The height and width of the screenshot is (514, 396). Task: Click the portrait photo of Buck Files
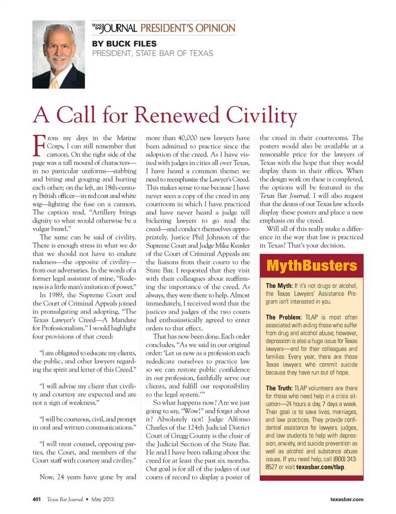[x=59, y=54]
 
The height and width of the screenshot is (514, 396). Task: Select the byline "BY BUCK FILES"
[x=124, y=44]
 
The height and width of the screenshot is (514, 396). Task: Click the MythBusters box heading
[x=311, y=265]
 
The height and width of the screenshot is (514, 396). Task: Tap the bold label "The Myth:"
[x=279, y=286]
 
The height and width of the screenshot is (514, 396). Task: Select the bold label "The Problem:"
[x=283, y=317]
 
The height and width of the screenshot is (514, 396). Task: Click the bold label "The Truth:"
[x=279, y=388]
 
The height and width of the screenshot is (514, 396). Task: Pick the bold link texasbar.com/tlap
[x=320, y=467]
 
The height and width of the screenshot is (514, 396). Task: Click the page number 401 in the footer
[x=37, y=499]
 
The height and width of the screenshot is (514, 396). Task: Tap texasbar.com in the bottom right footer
[x=346, y=499]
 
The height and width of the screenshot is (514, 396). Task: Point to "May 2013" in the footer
[x=103, y=499]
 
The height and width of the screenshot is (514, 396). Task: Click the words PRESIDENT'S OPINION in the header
[x=188, y=28]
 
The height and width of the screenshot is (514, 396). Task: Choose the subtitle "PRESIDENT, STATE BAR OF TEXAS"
[x=153, y=53]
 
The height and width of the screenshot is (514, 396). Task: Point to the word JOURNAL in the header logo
[x=119, y=28]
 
